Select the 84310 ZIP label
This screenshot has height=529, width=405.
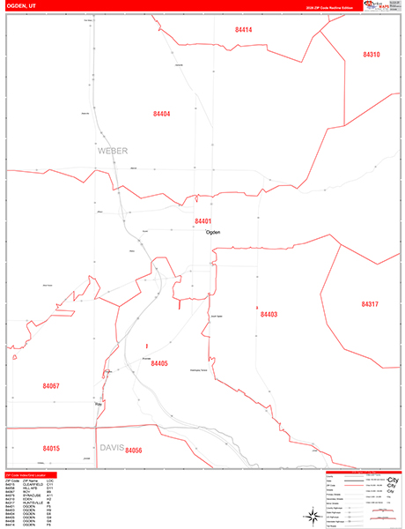[371, 55]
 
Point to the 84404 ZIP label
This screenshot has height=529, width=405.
[161, 114]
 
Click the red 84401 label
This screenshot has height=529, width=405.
[203, 221]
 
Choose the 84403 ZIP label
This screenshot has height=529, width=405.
[269, 314]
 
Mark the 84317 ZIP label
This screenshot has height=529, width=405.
[370, 304]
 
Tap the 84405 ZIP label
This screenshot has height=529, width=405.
[159, 363]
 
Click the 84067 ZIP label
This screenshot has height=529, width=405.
[52, 386]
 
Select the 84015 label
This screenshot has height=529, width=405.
[51, 449]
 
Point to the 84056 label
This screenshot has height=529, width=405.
[134, 451]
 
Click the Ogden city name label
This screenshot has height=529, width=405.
[212, 232]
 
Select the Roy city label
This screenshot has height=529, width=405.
[86, 405]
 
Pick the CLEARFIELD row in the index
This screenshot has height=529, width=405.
[32, 484]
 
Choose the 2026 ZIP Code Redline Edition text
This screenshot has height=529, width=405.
[330, 8]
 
